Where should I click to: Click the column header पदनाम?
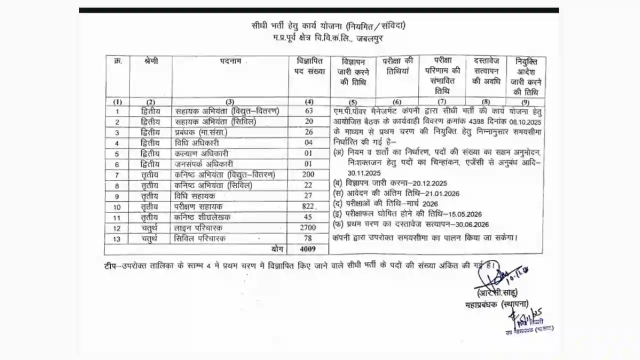tap(230, 61)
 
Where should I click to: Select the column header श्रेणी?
tap(150, 61)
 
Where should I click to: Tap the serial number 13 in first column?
tap(117, 238)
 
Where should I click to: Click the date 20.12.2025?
tap(426, 183)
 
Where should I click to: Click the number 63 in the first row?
tap(309, 111)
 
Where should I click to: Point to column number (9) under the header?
tap(525, 101)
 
